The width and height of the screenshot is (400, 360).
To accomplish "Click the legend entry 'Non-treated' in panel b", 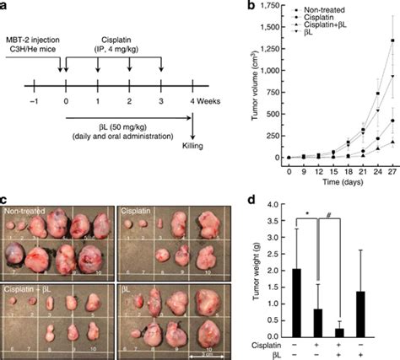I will point(319,14).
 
